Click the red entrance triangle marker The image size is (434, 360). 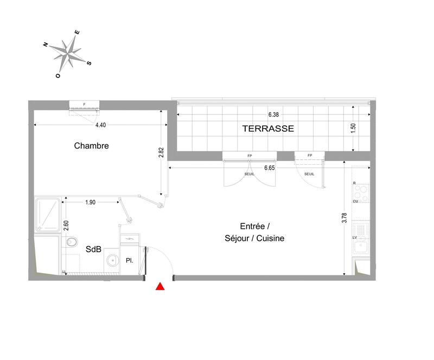[160, 287]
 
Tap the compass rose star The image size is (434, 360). [67, 53]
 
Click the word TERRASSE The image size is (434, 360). [268, 128]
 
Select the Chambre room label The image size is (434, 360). [92, 145]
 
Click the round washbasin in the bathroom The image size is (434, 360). [112, 260]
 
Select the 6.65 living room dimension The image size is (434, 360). [270, 168]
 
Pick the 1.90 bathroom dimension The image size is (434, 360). [91, 202]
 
